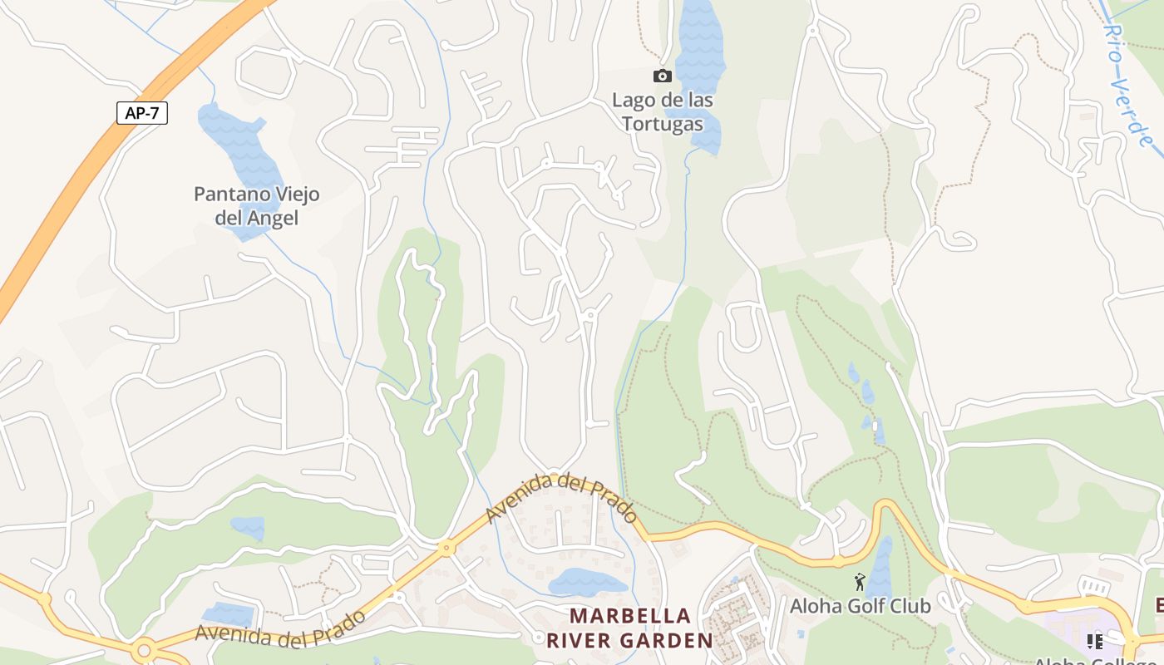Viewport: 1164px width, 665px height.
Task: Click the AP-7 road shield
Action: (x=142, y=113)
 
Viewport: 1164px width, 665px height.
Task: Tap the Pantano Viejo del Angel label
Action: (x=256, y=205)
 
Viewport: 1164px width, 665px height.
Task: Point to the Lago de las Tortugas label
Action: (x=663, y=111)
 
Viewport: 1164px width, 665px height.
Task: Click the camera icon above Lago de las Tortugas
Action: (x=663, y=76)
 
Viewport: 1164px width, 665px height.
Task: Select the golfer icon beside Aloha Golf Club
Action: (x=860, y=582)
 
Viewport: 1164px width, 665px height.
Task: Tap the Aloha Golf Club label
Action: (x=860, y=606)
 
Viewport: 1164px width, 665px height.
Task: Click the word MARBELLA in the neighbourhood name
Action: (x=630, y=616)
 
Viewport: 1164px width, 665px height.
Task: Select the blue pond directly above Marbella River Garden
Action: (x=588, y=582)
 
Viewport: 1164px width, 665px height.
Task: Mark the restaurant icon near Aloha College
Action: (x=1094, y=641)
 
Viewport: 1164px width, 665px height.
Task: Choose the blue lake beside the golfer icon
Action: (x=880, y=565)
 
